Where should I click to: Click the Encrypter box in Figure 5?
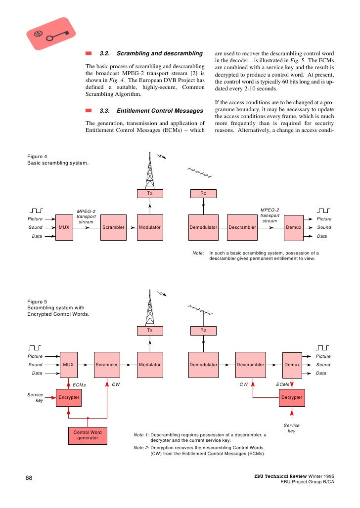[x=68, y=397]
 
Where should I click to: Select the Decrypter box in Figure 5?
[x=292, y=397]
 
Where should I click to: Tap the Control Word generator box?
[x=88, y=435]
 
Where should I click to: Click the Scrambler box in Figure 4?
[x=113, y=227]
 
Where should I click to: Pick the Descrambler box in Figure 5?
[x=249, y=365]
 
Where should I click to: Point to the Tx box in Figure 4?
[x=149, y=193]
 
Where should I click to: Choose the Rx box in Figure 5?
[x=203, y=330]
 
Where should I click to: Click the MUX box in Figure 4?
[x=64, y=227]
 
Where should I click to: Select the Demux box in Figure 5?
[x=292, y=365]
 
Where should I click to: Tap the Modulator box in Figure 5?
[x=149, y=365]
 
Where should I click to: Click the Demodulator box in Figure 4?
[x=203, y=227]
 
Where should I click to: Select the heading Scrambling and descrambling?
[x=151, y=53]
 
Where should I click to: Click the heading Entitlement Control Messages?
[x=151, y=111]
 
